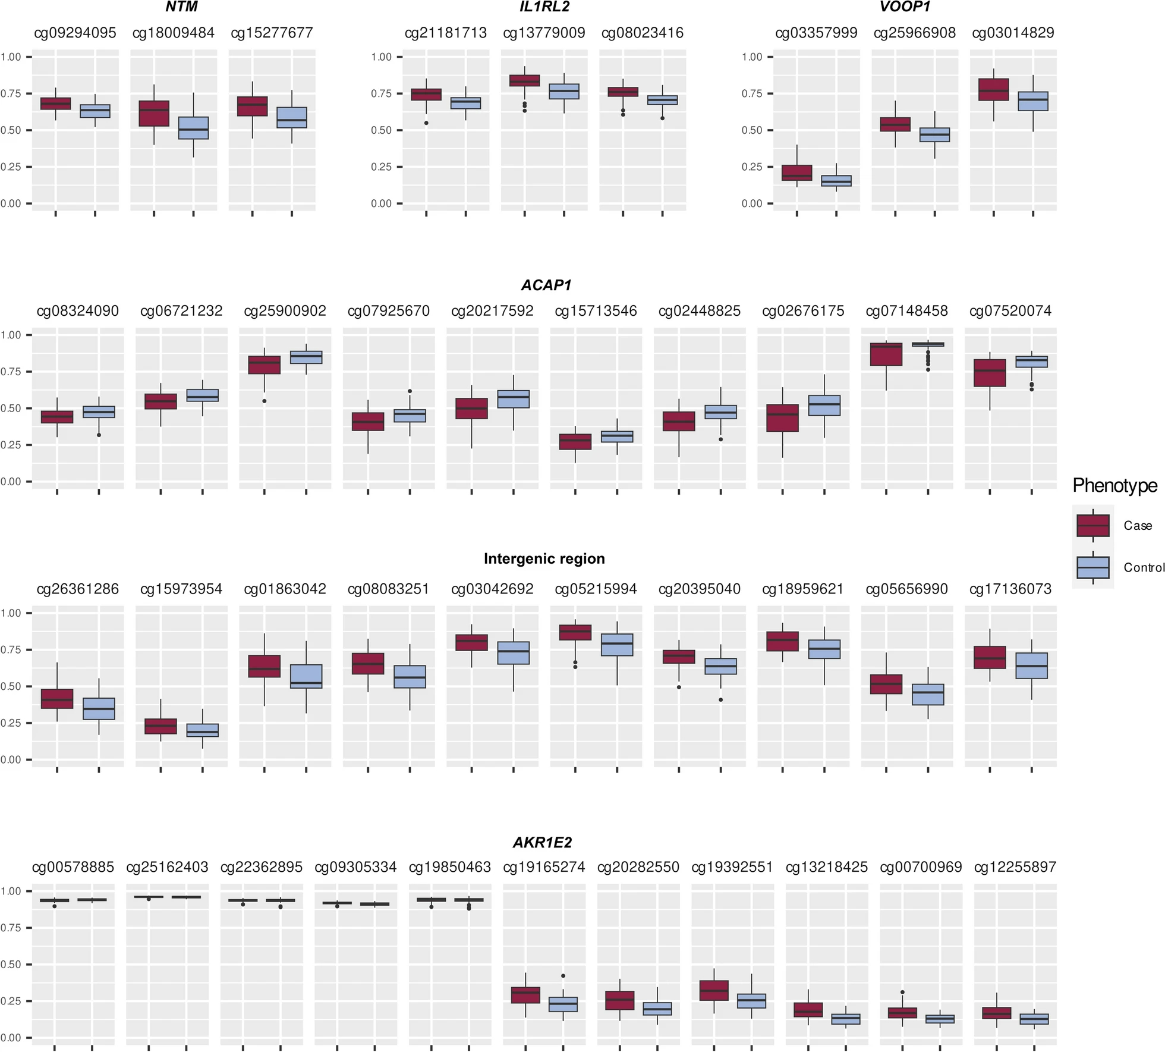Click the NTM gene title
point(181,8)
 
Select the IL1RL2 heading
point(544,8)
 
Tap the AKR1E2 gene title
point(542,842)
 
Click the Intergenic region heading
point(544,558)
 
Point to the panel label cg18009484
point(173,33)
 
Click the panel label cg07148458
point(906,310)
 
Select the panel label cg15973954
point(181,589)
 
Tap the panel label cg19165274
point(544,867)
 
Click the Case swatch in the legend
point(1092,526)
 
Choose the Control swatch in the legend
point(1092,567)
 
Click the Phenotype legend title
point(1114,486)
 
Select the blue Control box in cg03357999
point(836,181)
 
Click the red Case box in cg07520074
point(990,373)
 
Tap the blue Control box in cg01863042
point(306,676)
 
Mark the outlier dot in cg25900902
point(265,401)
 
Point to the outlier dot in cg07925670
point(410,391)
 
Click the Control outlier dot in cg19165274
point(563,976)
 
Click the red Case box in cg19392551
point(714,991)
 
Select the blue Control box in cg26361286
point(99,708)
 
